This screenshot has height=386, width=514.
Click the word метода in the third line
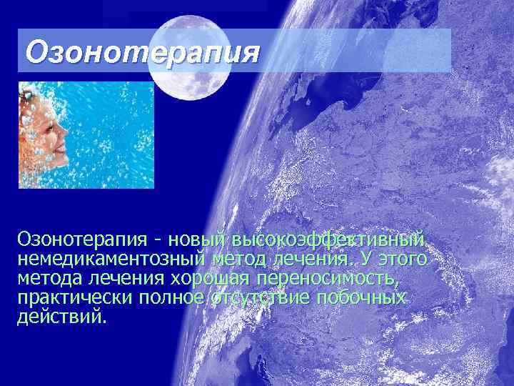tap(49, 278)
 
